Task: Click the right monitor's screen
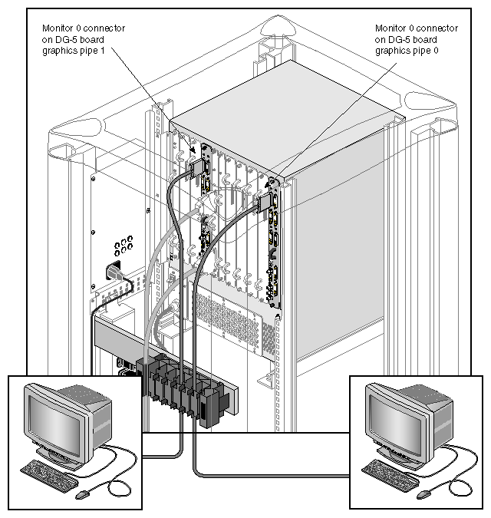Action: [x=395, y=415]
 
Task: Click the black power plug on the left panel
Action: [x=113, y=271]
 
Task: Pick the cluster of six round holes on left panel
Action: [x=121, y=246]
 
